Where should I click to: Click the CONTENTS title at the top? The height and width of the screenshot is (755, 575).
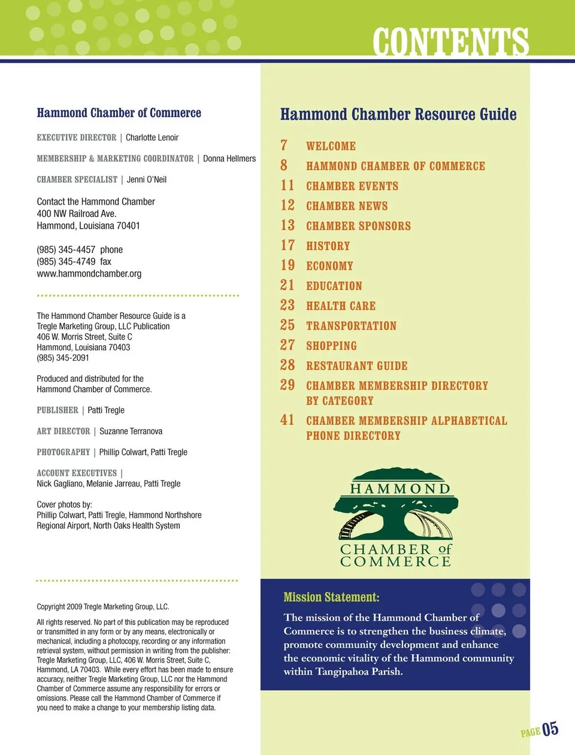click(x=450, y=41)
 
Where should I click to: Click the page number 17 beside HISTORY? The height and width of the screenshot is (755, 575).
click(x=287, y=246)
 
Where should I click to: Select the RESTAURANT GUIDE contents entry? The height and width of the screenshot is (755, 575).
click(x=356, y=366)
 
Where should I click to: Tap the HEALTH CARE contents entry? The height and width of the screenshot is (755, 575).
click(x=341, y=306)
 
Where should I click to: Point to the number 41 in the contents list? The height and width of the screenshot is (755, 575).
click(x=287, y=420)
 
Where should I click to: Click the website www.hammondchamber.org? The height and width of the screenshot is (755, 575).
click(x=89, y=274)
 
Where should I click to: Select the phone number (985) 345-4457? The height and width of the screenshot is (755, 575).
click(x=66, y=250)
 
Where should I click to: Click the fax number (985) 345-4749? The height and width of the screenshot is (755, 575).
click(x=66, y=262)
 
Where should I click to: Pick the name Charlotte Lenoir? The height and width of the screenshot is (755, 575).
click(x=152, y=138)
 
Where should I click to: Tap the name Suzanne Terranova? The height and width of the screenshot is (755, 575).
click(x=131, y=431)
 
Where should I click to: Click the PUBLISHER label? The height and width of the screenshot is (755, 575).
click(x=57, y=410)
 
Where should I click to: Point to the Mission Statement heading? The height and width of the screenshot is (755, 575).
click(x=331, y=597)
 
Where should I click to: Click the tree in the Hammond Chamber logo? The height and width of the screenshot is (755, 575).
click(x=395, y=512)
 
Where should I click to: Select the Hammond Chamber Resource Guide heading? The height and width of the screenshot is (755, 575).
click(x=398, y=114)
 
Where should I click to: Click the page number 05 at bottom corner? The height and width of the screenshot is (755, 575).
click(x=550, y=729)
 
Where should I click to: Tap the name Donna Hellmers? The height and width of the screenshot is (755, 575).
click(x=229, y=159)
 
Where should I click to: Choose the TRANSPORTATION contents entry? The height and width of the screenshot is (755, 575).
click(x=351, y=326)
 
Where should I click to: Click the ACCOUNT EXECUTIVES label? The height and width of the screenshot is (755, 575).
click(x=77, y=473)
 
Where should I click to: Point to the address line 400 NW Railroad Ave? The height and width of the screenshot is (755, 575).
click(x=77, y=214)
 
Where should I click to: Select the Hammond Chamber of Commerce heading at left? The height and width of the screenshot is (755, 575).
click(x=119, y=113)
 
